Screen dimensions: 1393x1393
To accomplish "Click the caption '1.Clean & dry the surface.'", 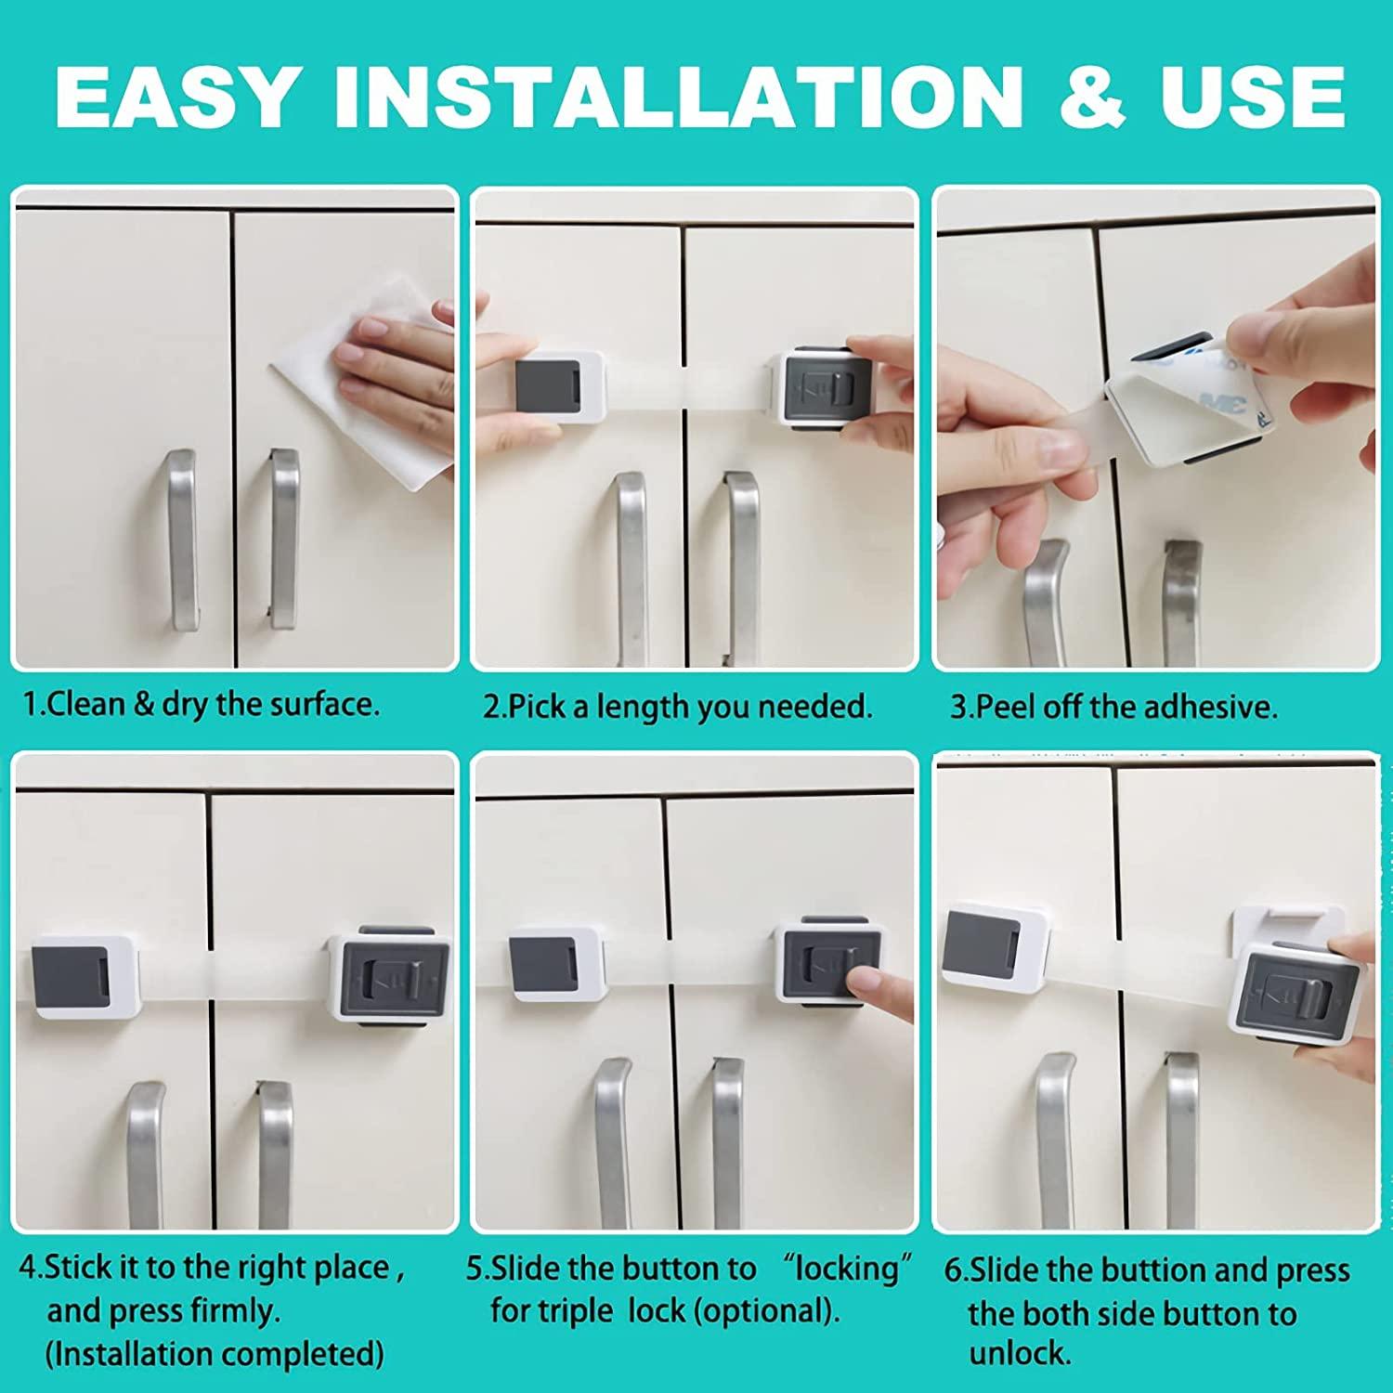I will click(x=202, y=704).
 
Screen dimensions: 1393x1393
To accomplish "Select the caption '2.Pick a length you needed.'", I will click(x=678, y=707).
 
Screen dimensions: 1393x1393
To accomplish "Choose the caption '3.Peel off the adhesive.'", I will click(x=1114, y=707).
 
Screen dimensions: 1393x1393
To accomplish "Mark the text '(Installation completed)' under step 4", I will click(x=215, y=1354).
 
